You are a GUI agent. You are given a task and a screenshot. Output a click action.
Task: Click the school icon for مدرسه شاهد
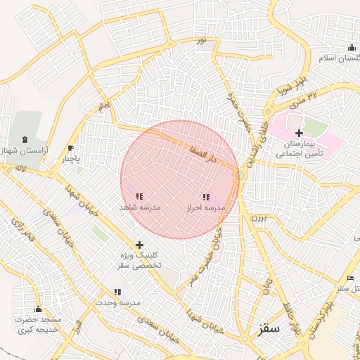click(x=139, y=196)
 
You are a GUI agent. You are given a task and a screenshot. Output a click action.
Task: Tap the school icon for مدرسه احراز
click(x=205, y=198)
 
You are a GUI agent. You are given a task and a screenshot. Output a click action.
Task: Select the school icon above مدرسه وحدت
click(x=117, y=292)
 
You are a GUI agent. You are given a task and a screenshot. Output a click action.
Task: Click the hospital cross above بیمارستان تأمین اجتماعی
click(x=299, y=133)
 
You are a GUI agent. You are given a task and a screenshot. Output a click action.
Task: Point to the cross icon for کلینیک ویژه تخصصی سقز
click(x=139, y=244)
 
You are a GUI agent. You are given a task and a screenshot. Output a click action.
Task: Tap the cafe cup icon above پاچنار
click(x=70, y=148)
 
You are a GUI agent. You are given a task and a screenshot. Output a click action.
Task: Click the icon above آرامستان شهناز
click(x=26, y=139)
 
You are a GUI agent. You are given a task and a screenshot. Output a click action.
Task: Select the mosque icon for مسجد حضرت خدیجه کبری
click(x=38, y=309)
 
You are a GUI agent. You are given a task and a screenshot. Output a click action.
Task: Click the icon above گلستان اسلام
click(x=351, y=48)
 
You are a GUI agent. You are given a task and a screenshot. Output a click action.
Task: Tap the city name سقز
click(x=269, y=328)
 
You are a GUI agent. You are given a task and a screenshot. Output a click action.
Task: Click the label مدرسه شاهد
click(x=140, y=208)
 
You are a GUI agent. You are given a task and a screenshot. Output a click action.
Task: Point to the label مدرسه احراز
click(x=205, y=209)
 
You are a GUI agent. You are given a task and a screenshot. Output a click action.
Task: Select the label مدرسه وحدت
click(x=118, y=303)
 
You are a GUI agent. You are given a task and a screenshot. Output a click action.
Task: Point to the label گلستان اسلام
click(x=340, y=58)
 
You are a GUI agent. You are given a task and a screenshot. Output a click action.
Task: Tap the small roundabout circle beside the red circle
click(x=240, y=174)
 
